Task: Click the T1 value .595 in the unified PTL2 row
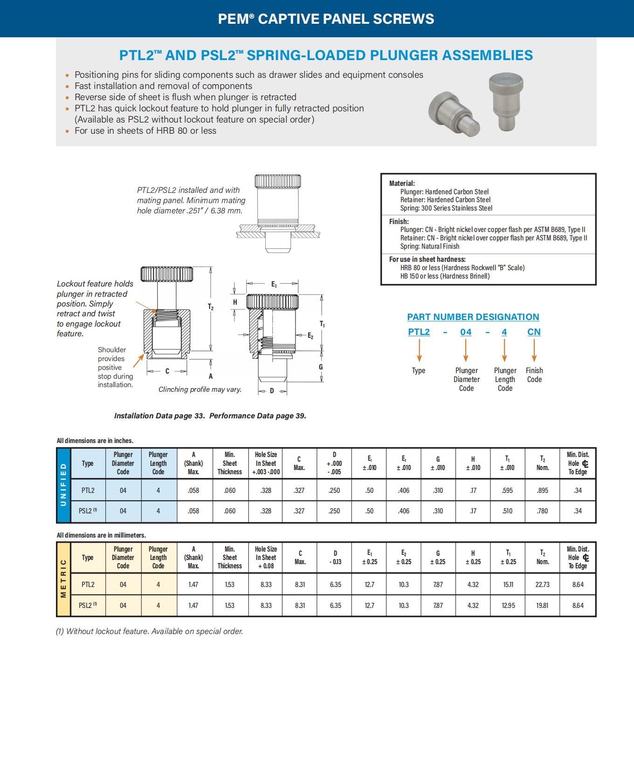point(507,490)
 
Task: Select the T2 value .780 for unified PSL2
point(542,511)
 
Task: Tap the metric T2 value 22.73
point(542,584)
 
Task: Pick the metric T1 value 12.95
point(508,605)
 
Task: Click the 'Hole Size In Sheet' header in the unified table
point(266,463)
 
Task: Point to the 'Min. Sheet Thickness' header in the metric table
point(230,557)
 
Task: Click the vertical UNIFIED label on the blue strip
point(63,484)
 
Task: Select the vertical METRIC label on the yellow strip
point(63,579)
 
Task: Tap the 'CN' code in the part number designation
point(534,332)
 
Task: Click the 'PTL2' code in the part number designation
point(419,332)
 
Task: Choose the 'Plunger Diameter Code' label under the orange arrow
point(466,379)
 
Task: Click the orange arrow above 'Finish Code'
point(534,350)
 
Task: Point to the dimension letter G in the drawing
point(321,367)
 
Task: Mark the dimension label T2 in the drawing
point(211,307)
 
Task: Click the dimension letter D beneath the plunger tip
point(272,391)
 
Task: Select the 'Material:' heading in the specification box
point(402,184)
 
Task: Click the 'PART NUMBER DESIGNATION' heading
point(473,317)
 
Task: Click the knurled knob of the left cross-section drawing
point(167,273)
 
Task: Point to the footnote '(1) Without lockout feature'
point(149,631)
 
